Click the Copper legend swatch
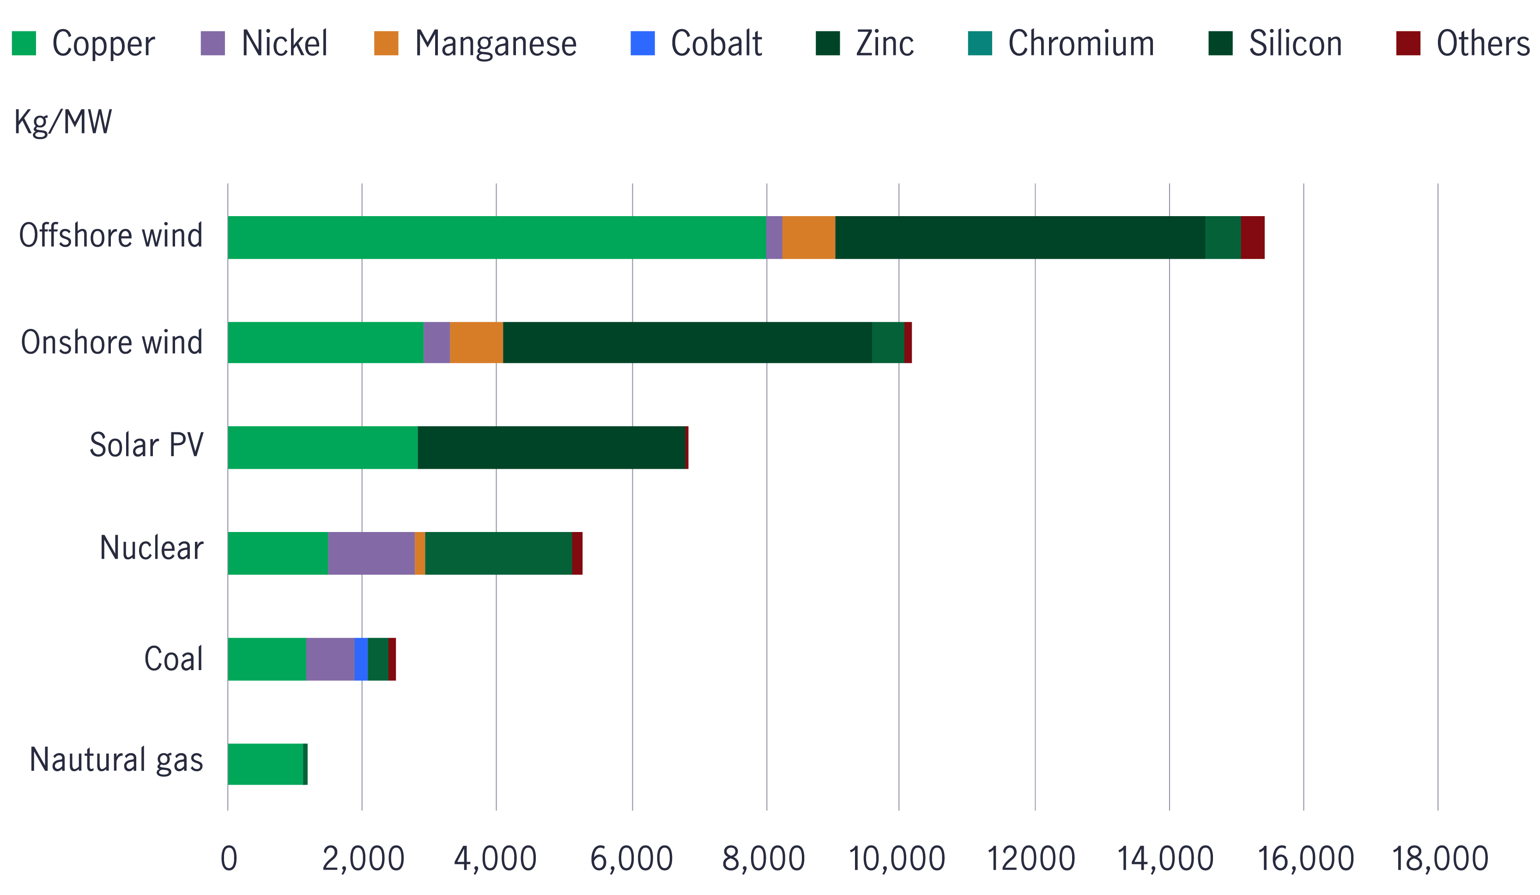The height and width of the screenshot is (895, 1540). [24, 43]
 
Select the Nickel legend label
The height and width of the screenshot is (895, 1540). [284, 43]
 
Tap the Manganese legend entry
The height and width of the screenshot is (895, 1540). [495, 43]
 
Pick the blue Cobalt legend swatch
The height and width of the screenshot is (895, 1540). [642, 43]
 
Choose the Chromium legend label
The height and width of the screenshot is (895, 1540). [1080, 43]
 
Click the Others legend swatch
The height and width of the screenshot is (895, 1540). [1408, 43]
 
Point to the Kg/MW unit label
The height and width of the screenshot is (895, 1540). [63, 121]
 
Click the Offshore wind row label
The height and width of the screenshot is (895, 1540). [110, 236]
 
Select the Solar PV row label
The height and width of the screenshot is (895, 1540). [146, 445]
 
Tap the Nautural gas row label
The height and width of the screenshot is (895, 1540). [116, 760]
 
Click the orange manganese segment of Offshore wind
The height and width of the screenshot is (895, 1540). [808, 238]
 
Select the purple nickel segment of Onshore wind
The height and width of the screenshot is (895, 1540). [437, 343]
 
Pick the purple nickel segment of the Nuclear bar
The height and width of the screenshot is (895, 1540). [371, 554]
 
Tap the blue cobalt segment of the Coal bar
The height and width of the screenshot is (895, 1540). [361, 659]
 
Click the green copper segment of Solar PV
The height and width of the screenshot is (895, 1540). [323, 448]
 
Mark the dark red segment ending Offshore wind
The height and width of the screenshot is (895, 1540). [1253, 238]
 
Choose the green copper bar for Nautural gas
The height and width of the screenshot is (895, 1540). [266, 764]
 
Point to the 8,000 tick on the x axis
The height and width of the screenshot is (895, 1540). [763, 859]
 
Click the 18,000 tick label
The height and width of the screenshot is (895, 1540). [1440, 859]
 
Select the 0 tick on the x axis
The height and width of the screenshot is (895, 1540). [229, 859]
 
